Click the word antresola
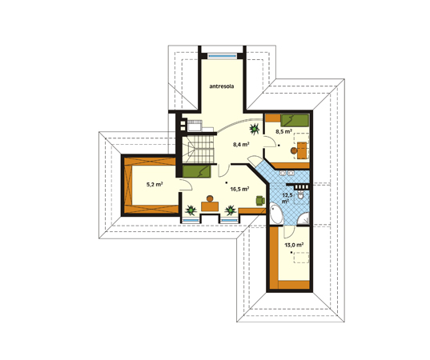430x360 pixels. pyautogui.click(x=222, y=86)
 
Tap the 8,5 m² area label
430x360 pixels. pyautogui.click(x=283, y=131)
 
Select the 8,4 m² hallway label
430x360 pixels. pyautogui.click(x=241, y=144)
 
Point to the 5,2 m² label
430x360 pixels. pyautogui.click(x=155, y=184)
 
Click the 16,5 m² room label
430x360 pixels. pyautogui.click(x=239, y=189)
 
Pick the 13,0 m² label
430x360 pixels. pyautogui.click(x=294, y=245)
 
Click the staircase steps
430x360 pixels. pyautogui.click(x=199, y=149)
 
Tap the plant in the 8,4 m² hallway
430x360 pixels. pyautogui.click(x=255, y=128)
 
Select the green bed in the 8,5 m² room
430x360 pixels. pyautogui.click(x=295, y=121)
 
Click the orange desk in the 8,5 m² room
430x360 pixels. pyautogui.click(x=302, y=150)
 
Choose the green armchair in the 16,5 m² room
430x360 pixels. pyautogui.click(x=260, y=200)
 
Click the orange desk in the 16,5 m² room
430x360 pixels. pyautogui.click(x=210, y=206)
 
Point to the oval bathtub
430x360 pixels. pyautogui.click(x=276, y=214)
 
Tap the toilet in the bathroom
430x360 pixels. pyautogui.click(x=300, y=195)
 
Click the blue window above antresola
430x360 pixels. pyautogui.click(x=222, y=56)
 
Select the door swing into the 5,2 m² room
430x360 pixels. pyautogui.click(x=186, y=185)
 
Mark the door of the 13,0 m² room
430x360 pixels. pyautogui.click(x=289, y=231)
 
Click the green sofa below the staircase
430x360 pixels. pyautogui.click(x=196, y=171)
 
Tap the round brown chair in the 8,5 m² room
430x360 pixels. pyautogui.click(x=294, y=150)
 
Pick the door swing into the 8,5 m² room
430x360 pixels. pyautogui.click(x=270, y=142)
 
